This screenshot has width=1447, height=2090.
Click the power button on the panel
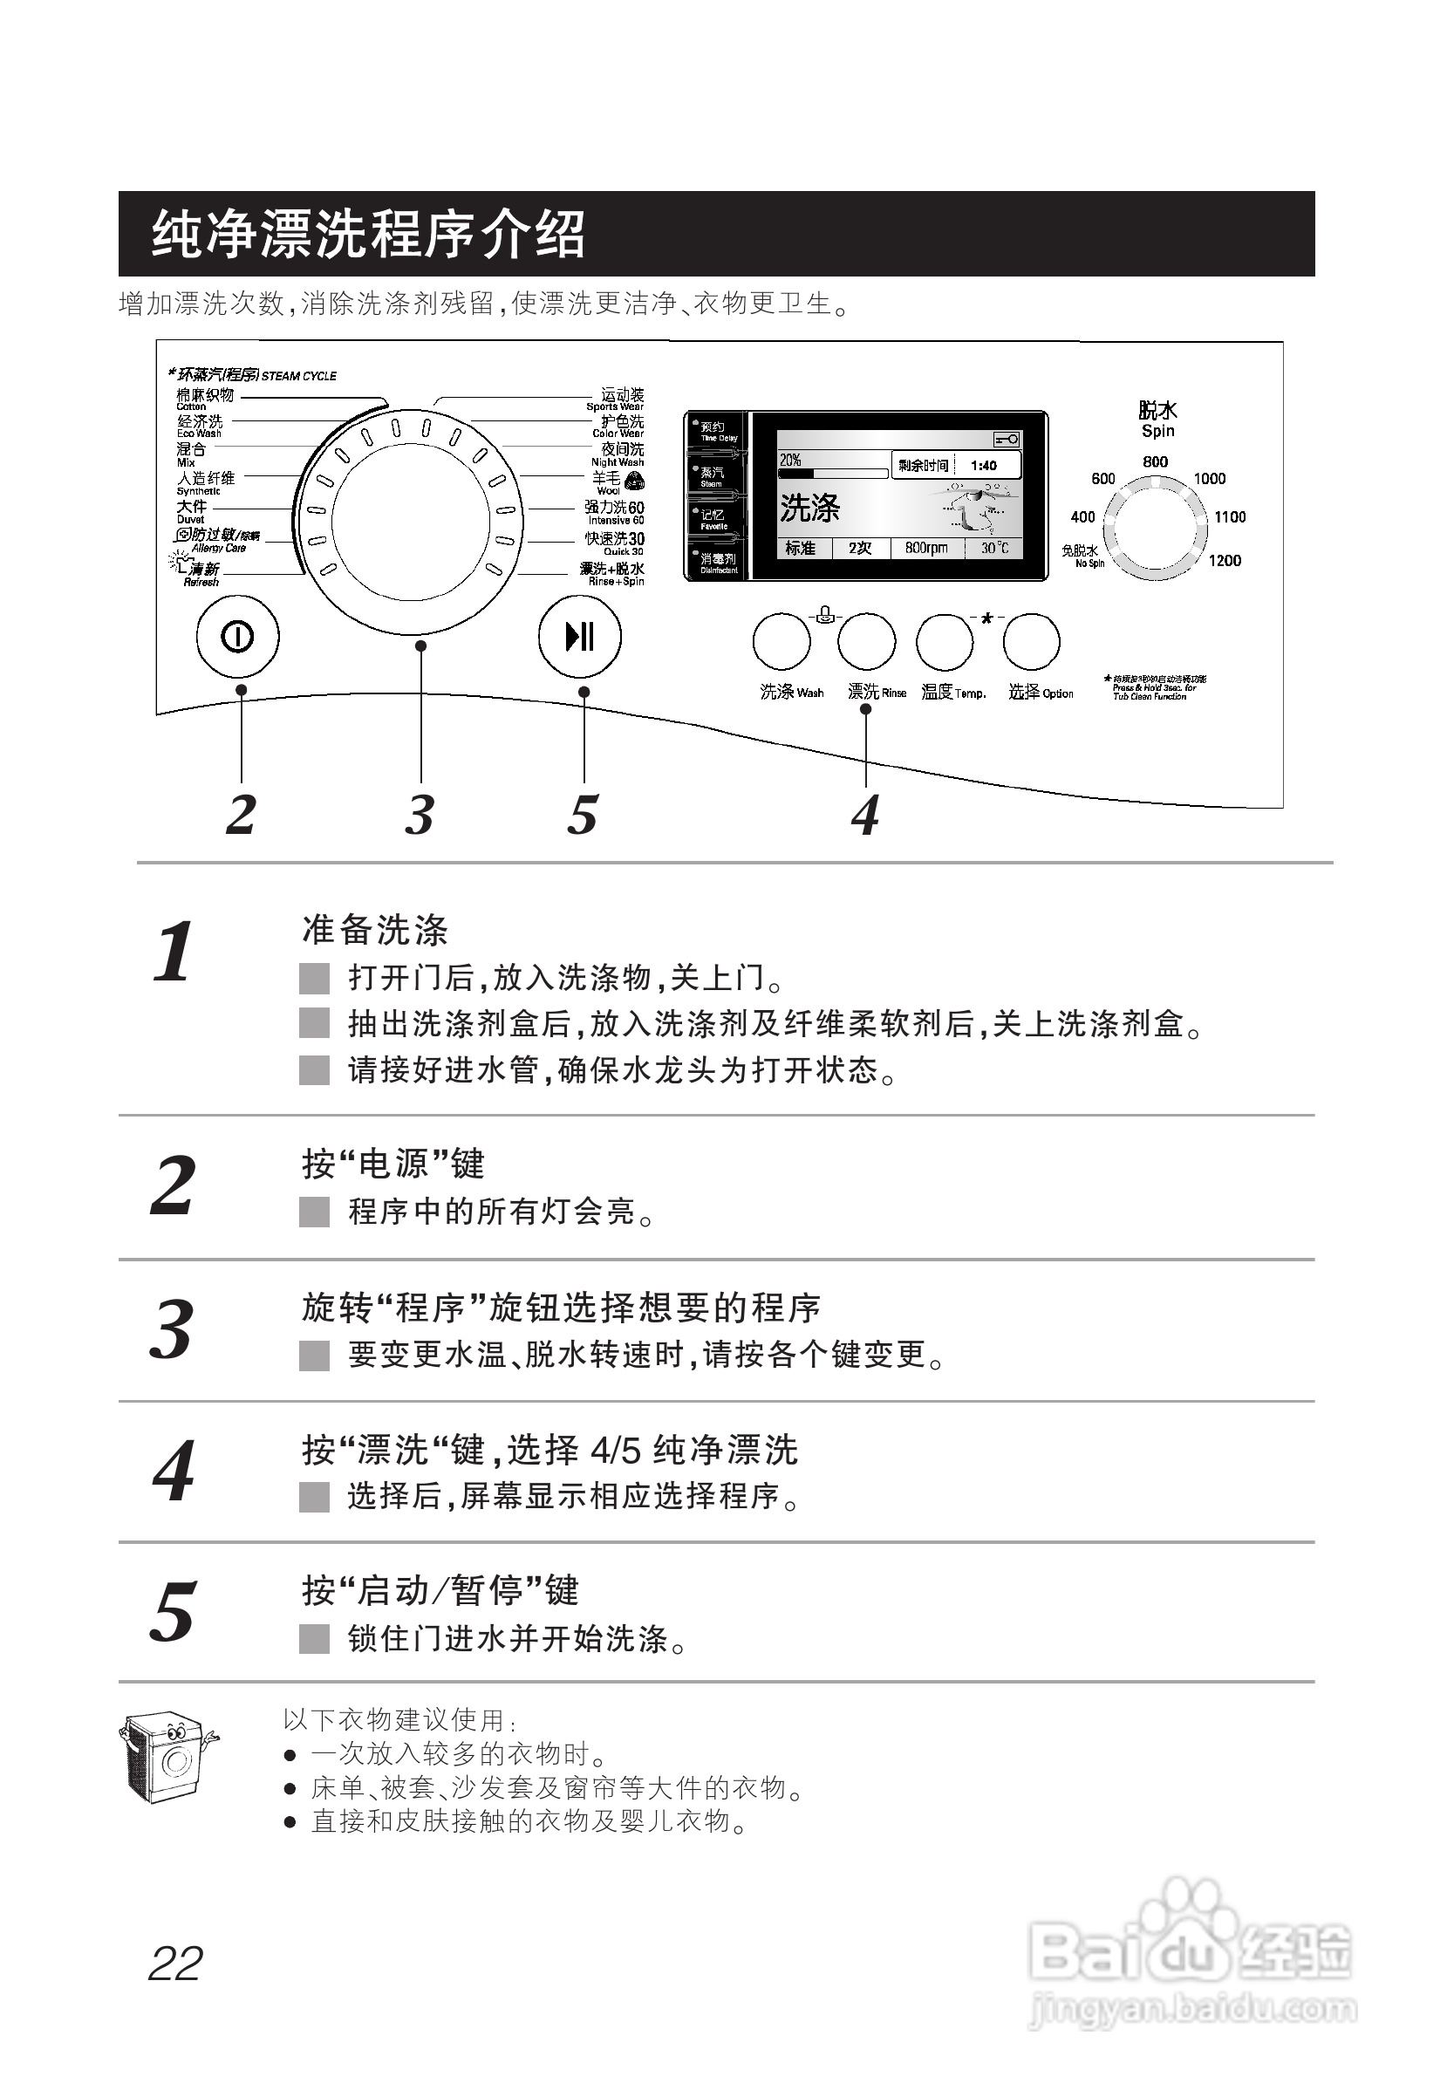pyautogui.click(x=237, y=638)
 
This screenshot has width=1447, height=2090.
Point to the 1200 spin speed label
pyautogui.click(x=1224, y=561)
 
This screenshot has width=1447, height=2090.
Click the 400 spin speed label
pyautogui.click(x=1082, y=517)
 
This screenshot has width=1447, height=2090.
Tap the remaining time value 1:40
pyautogui.click(x=983, y=466)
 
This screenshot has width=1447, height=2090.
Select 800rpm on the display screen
pyautogui.click(x=925, y=548)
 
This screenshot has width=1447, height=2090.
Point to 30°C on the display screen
pyautogui.click(x=993, y=548)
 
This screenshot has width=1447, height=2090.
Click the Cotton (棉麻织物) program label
pyautogui.click(x=205, y=396)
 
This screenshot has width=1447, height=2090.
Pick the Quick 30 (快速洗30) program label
pyautogui.click(x=615, y=541)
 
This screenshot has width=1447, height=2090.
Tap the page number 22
pyautogui.click(x=175, y=1965)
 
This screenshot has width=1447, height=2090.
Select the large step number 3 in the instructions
pyautogui.click(x=171, y=1330)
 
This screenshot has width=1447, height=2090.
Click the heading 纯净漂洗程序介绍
pyautogui.click(x=368, y=234)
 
